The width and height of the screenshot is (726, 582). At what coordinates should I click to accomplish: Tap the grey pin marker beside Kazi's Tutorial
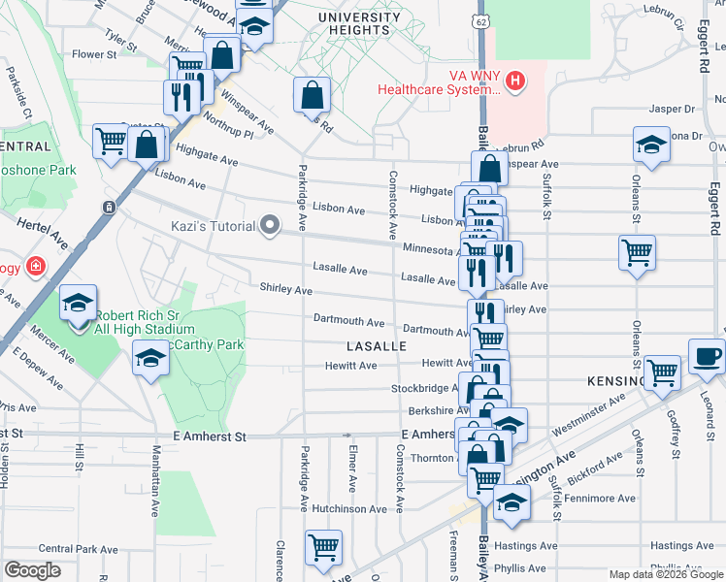coord(271,227)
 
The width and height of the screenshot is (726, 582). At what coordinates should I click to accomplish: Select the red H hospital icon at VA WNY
coord(515,81)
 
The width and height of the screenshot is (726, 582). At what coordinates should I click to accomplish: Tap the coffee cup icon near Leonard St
coord(707,355)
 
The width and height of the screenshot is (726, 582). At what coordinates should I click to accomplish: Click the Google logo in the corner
coord(32,570)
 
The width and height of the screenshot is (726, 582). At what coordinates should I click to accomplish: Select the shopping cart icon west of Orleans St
coord(637,253)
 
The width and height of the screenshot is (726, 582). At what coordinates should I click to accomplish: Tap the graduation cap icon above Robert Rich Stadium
coord(78,305)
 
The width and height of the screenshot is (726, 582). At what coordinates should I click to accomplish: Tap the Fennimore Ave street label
coord(600,499)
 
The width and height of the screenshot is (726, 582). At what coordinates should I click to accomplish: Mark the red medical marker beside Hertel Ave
coord(36,266)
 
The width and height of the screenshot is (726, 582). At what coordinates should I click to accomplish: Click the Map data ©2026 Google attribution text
coord(665,574)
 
